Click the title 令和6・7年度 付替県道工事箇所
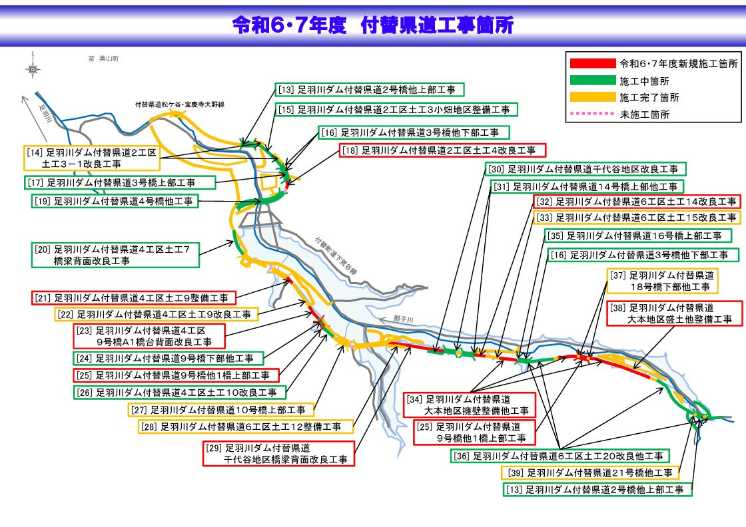373,25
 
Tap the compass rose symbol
33,69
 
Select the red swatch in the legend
592,63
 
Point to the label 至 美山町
103,59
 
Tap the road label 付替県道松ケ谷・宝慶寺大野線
179,104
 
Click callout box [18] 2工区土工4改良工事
442,150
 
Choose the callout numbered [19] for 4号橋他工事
115,200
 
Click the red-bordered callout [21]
133,297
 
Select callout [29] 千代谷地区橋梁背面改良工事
278,453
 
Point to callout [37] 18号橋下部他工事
663,281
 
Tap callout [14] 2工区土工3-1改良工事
92,158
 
